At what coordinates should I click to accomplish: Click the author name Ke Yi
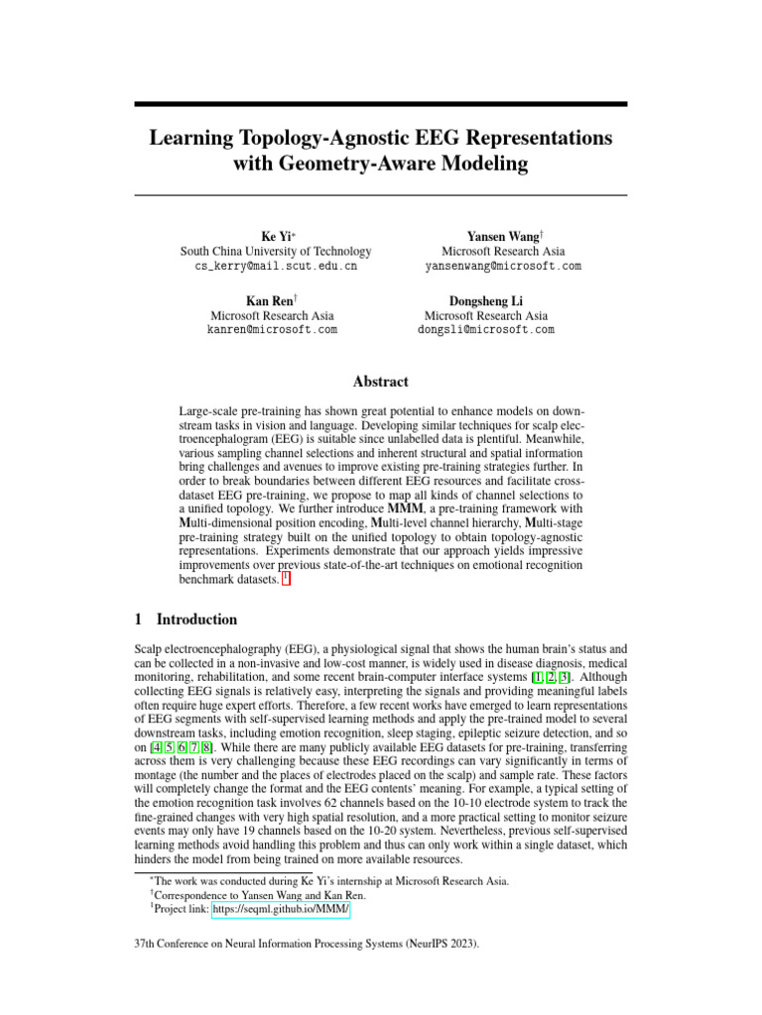pyautogui.click(x=273, y=236)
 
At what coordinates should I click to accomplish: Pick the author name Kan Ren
pyautogui.click(x=273, y=300)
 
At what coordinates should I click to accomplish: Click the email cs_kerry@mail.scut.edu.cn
pyautogui.click(x=273, y=267)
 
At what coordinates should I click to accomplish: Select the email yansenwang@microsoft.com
pyautogui.click(x=503, y=267)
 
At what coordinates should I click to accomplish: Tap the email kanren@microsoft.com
pyautogui.click(x=273, y=330)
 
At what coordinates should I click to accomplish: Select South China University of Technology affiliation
pyautogui.click(x=276, y=252)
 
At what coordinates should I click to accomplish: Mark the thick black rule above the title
pyautogui.click(x=381, y=103)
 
